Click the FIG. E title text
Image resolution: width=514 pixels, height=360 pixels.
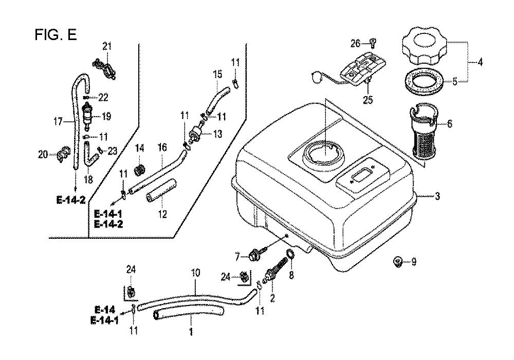click(56, 35)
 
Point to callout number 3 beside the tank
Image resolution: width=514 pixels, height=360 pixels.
click(437, 196)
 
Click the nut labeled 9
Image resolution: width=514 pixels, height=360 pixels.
click(398, 262)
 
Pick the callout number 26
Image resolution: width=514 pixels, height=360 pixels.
click(356, 44)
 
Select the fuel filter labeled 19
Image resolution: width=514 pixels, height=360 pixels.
click(89, 115)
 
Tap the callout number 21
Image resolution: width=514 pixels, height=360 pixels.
click(107, 47)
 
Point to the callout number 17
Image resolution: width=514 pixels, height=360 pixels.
click(58, 122)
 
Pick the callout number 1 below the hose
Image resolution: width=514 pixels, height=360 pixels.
click(190, 332)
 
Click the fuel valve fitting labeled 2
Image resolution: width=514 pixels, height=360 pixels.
click(271, 275)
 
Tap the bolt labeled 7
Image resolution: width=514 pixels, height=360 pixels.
click(256, 254)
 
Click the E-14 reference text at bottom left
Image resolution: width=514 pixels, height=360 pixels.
click(105, 310)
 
